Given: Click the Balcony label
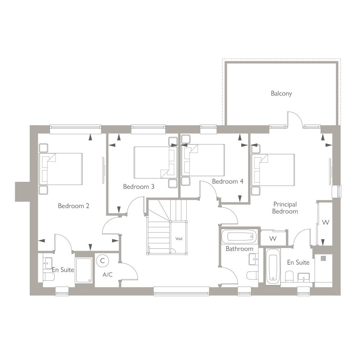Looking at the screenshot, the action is [x=281, y=94].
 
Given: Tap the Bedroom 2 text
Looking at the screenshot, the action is [x=73, y=206].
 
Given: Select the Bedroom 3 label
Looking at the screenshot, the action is [x=139, y=186].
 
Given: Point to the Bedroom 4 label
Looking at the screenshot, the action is [x=228, y=181].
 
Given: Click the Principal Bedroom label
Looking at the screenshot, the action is [x=285, y=208].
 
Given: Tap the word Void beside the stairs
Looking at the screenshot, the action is [x=179, y=239].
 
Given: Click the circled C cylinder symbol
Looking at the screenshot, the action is [x=102, y=261].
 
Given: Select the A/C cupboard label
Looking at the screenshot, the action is [x=107, y=274].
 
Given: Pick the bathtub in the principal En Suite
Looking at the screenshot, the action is [x=273, y=267].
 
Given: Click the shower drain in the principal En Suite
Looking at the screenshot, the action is [x=323, y=258].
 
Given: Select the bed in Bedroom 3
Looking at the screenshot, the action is [x=156, y=162].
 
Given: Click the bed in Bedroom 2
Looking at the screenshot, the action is [x=60, y=169].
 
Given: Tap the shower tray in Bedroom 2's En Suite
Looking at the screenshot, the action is [x=84, y=270].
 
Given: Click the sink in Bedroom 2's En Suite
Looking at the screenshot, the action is [x=48, y=263].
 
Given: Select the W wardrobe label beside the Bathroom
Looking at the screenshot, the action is [x=273, y=239].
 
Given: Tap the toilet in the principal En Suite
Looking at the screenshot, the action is [x=289, y=276].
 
